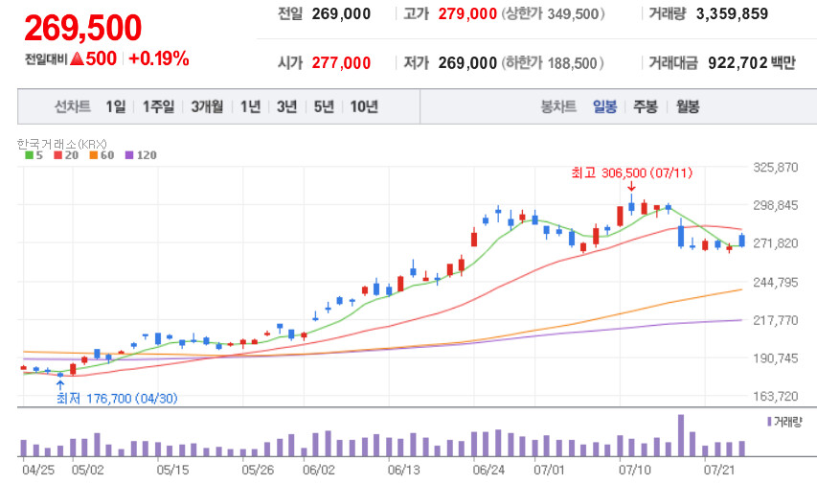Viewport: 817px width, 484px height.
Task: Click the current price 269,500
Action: pos(83,29)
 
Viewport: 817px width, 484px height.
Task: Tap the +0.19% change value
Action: pos(158,58)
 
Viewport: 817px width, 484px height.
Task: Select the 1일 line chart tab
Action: pos(115,106)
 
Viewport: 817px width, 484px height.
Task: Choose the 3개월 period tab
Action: pos(207,106)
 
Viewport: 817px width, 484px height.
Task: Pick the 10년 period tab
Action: pos(364,106)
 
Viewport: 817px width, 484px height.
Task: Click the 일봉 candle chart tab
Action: pos(605,106)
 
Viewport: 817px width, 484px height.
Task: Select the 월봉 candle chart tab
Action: pos(687,106)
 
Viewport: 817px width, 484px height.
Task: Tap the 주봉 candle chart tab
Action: pos(646,106)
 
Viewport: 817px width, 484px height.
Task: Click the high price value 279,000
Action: pos(467,14)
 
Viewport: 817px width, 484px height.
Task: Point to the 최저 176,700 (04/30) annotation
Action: pos(117,398)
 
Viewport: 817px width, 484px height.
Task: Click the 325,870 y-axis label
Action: pos(777,168)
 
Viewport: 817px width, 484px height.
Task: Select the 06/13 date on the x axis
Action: pos(405,471)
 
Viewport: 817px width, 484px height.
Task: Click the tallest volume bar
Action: pos(681,435)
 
